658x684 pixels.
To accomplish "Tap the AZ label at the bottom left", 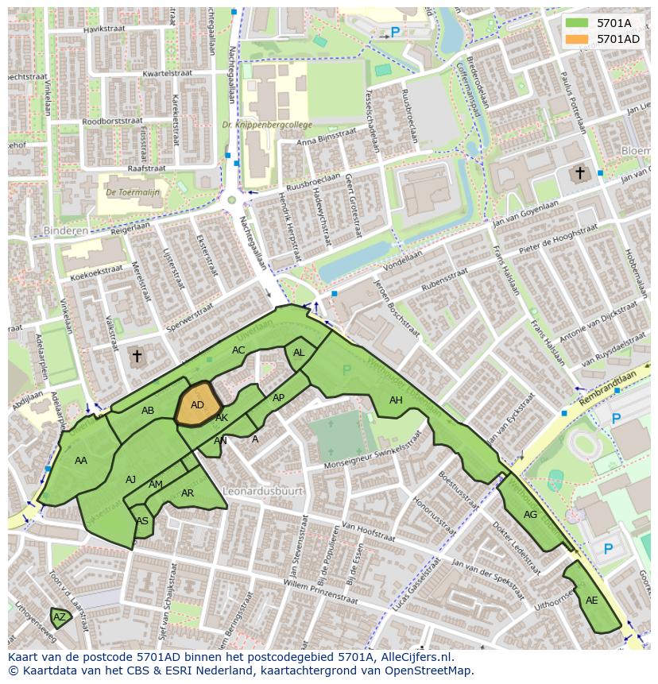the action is pos(60,616).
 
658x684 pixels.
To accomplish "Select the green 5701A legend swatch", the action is pos(577,23).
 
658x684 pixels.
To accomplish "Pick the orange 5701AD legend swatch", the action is pos(577,39).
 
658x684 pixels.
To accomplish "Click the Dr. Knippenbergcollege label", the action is pos(267,125).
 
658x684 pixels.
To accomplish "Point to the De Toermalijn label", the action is pos(133,191).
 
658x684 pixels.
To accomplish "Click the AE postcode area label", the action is pos(591,601).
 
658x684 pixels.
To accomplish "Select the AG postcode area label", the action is pos(530,515).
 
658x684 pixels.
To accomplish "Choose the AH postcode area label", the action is pos(396,400).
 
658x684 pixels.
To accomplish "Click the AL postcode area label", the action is pos(299,353).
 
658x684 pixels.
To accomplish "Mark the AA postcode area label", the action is pos(81,461).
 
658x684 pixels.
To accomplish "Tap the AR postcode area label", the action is pos(188,493).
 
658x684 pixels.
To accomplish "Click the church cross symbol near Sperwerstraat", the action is pos(137,357).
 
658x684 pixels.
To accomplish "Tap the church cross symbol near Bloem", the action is pos(580,173).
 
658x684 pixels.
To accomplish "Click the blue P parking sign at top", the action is pos(395,33).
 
